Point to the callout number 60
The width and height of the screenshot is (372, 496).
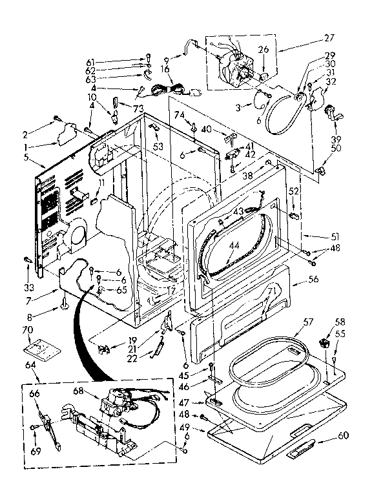pyautogui.click(x=343, y=436)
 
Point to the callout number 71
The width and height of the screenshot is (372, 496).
pyautogui.click(x=271, y=291)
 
